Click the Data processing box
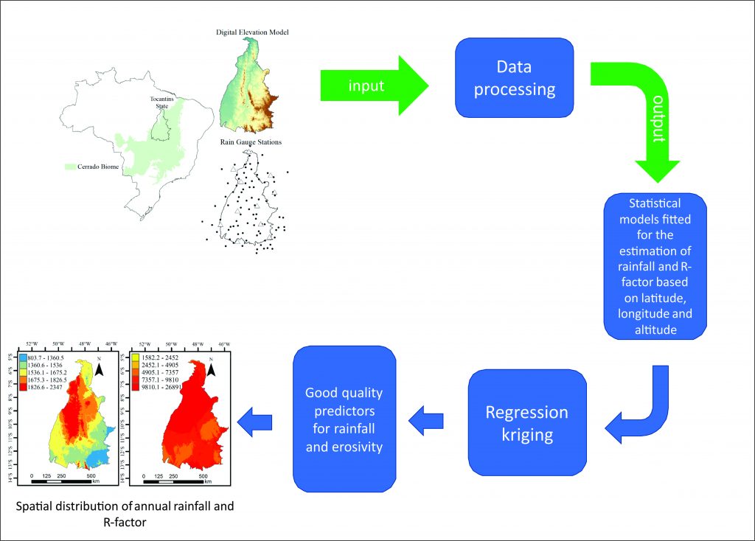tap(514, 77)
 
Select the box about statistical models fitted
tap(655, 266)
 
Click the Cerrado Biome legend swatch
tap(71, 167)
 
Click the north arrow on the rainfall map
tap(99, 366)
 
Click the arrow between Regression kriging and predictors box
tap(428, 421)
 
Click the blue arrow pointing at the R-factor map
tap(254, 421)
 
